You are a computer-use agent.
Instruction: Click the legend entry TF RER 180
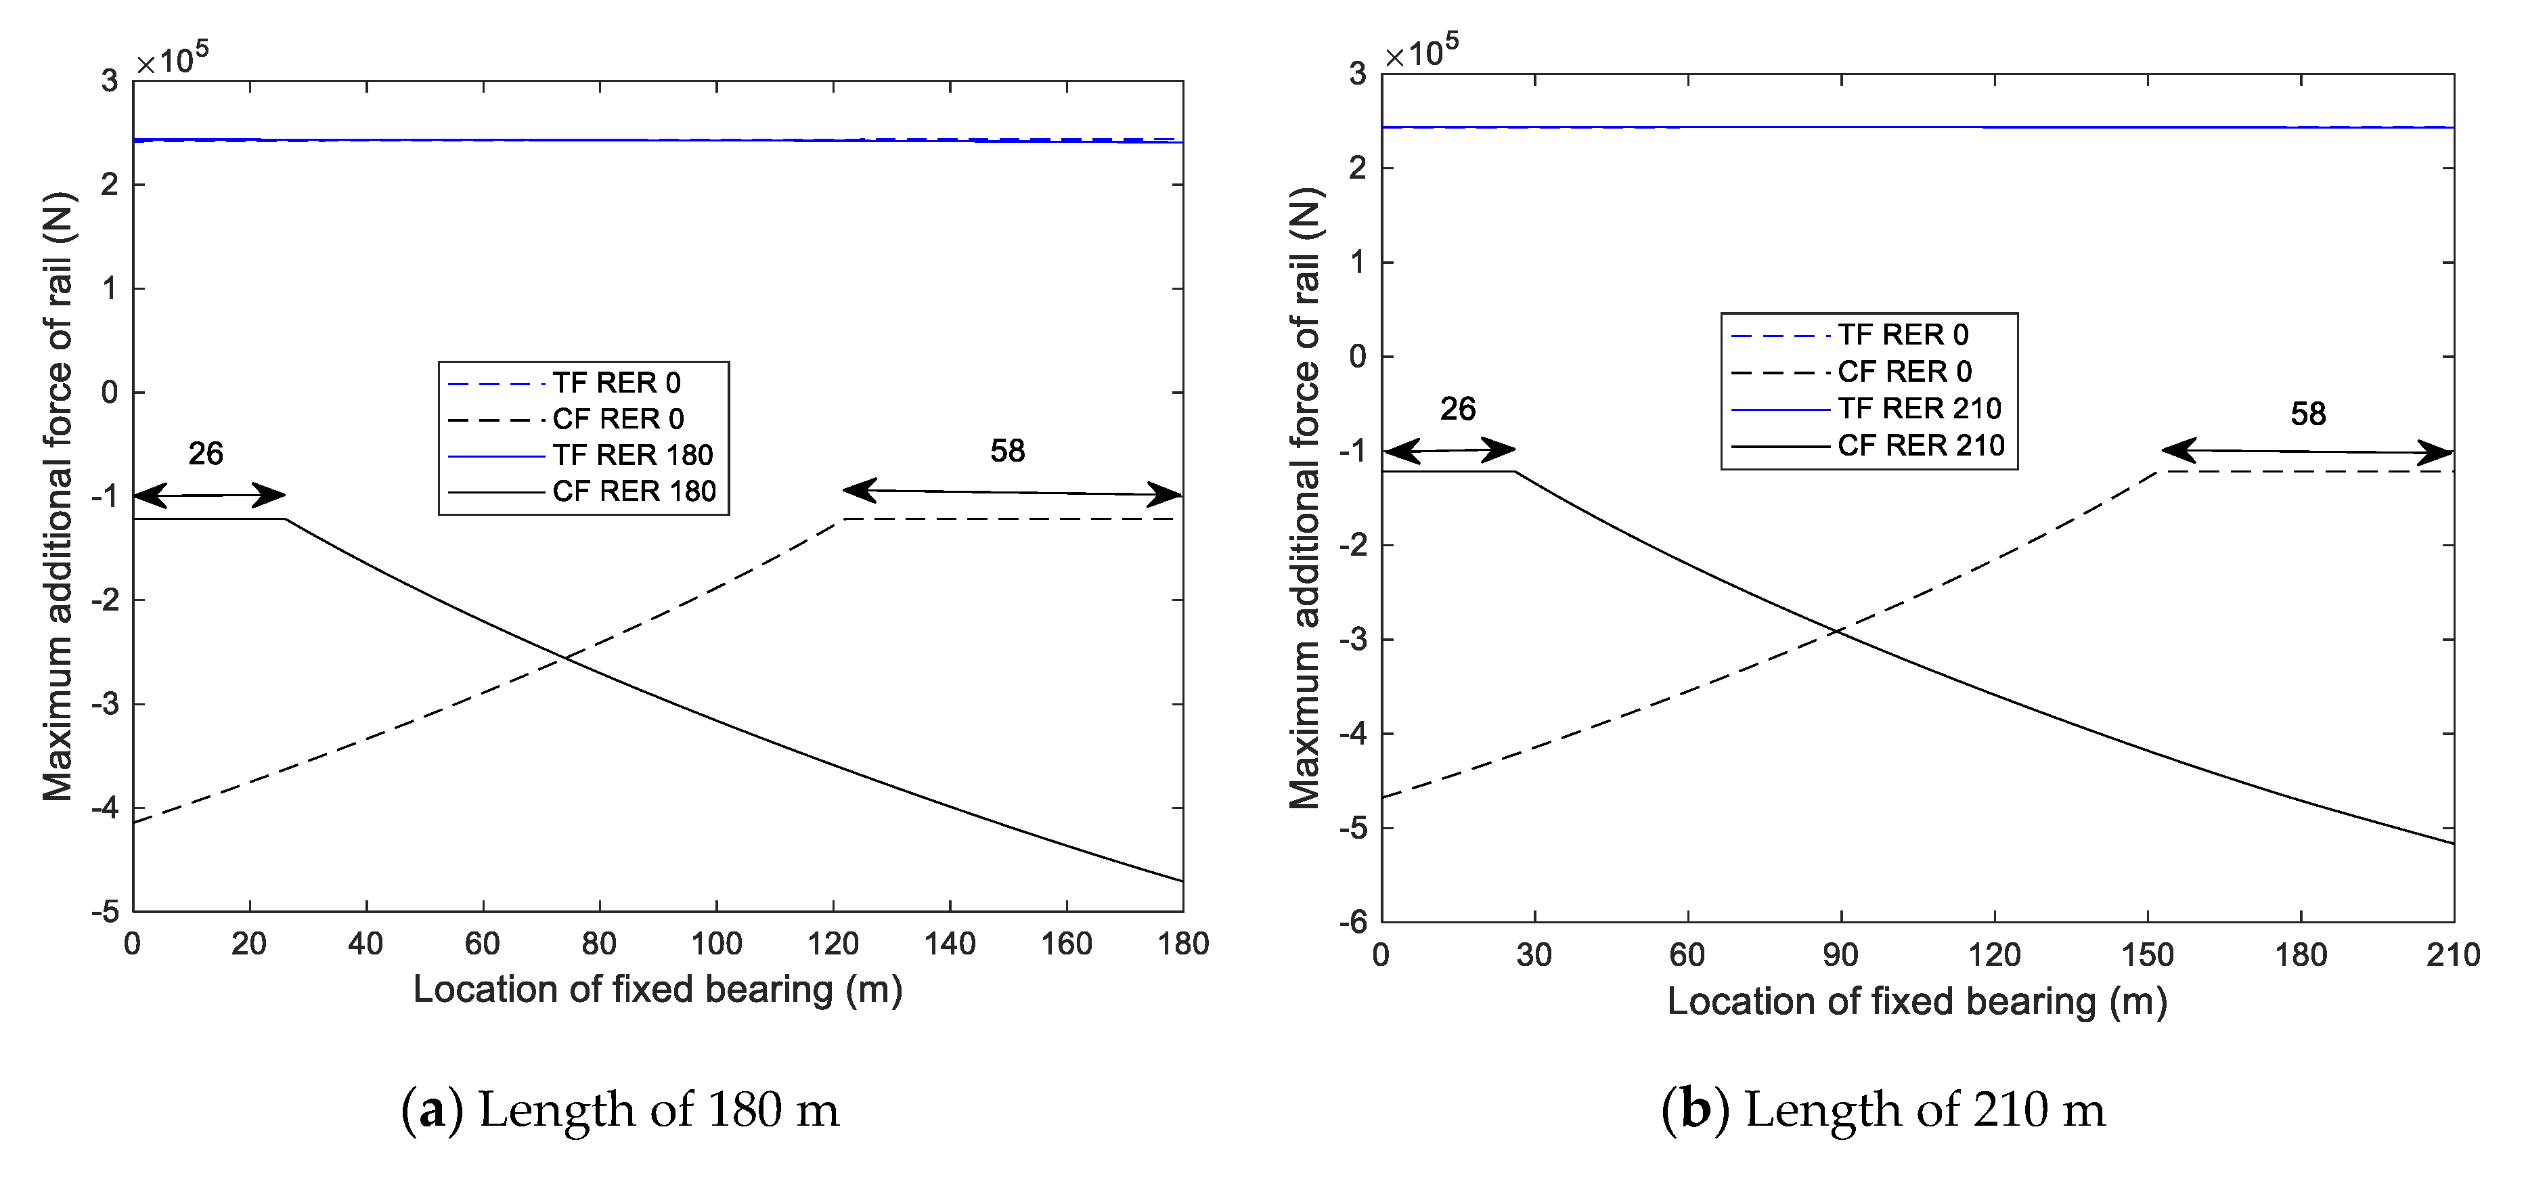(x=631, y=455)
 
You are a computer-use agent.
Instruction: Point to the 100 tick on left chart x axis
(x=716, y=944)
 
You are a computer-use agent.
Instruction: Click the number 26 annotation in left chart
(x=205, y=454)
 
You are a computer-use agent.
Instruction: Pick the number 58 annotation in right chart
(x=2307, y=414)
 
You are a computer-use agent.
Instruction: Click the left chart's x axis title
(x=657, y=989)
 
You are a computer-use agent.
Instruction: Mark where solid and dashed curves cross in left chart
(x=564, y=658)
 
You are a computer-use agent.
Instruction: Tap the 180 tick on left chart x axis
(x=1182, y=944)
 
